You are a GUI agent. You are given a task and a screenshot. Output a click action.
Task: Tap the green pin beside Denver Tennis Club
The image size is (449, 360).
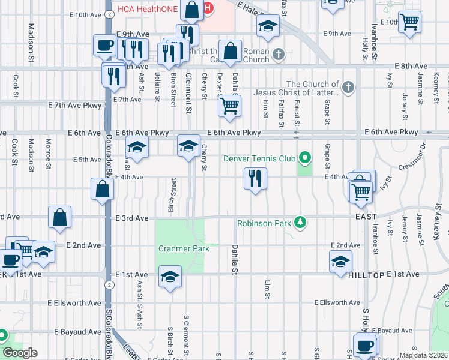coord(305,158)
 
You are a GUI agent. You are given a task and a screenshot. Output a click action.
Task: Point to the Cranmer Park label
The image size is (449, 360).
coord(184,248)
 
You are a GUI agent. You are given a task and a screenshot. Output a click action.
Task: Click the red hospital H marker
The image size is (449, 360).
coord(208,8)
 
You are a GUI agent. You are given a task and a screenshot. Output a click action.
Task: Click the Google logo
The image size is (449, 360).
coord(20,353)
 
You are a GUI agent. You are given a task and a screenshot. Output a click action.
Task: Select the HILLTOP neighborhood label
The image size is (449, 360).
coord(366,274)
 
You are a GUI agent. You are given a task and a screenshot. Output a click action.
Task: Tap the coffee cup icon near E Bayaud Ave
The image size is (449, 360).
coord(364,346)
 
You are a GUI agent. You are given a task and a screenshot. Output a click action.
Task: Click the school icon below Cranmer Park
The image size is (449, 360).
coord(170,277)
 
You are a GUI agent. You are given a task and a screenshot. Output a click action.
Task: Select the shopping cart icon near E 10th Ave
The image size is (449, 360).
coord(409,22)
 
